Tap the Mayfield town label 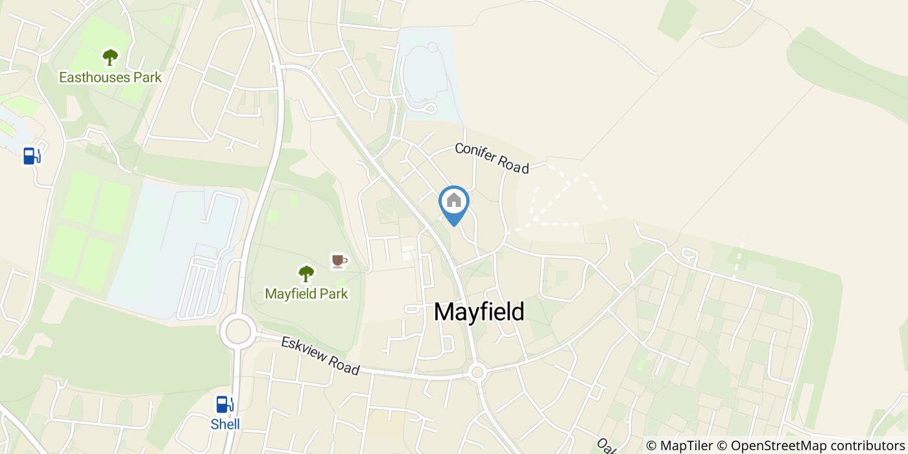point(479,312)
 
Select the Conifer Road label point(492,158)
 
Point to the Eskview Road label point(320,355)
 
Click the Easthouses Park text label point(110,77)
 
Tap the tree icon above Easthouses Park point(110,57)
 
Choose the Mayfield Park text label point(306,294)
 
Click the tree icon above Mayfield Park point(305,274)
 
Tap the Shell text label point(225,424)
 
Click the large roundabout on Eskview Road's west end point(235,331)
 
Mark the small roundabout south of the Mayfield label point(477,372)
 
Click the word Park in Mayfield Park point(333,294)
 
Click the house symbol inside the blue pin point(454,200)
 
